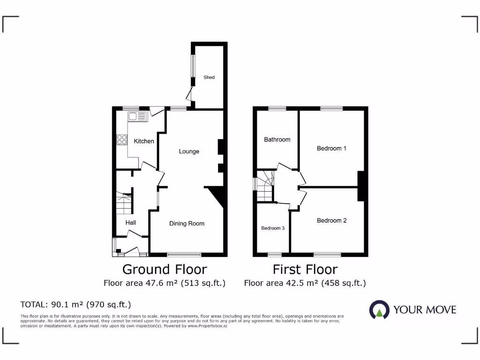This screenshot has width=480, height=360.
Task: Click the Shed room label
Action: (x=209, y=77)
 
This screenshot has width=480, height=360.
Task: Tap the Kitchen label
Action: (x=144, y=141)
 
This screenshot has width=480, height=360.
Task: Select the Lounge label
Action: (x=189, y=151)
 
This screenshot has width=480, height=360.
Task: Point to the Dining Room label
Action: (x=187, y=224)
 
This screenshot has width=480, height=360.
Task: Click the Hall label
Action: (x=130, y=223)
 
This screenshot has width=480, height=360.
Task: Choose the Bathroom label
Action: (x=277, y=139)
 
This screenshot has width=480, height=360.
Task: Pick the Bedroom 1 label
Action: (x=331, y=149)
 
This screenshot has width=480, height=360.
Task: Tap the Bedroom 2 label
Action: (x=331, y=220)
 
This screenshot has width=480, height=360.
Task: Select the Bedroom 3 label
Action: (x=273, y=228)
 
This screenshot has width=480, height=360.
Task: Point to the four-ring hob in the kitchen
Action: (x=122, y=139)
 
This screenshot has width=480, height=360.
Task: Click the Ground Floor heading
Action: (x=165, y=270)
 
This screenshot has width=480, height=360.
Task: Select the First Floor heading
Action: (x=305, y=270)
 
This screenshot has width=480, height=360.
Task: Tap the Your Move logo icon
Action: (x=379, y=310)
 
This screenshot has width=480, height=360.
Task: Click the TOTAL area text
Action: (x=75, y=304)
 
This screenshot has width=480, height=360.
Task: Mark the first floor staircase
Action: (x=265, y=187)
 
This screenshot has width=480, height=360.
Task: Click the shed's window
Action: (x=192, y=66)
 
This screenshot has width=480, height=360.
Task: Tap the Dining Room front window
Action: (x=184, y=255)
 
